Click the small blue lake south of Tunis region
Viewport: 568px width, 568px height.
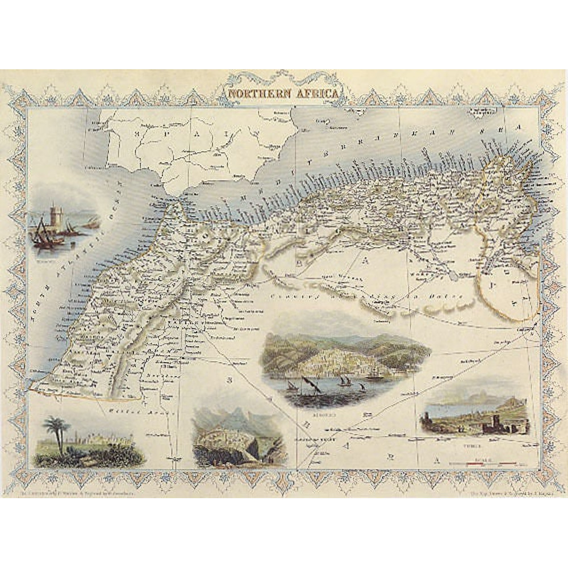click(453, 276)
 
